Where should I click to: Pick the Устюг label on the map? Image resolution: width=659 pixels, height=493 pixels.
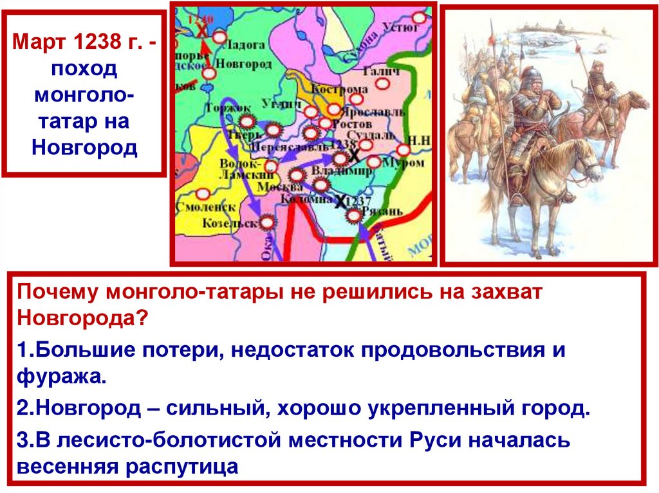click(402, 26)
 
